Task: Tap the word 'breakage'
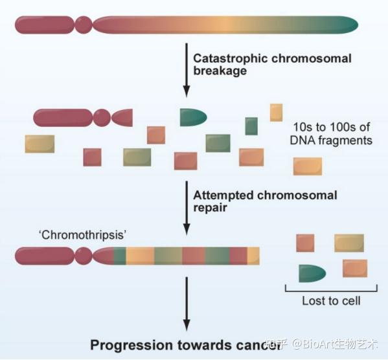220,71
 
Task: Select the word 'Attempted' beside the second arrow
223,196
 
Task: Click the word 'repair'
210,207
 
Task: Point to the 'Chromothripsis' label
82,234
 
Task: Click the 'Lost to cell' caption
331,301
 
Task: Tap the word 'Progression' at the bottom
131,345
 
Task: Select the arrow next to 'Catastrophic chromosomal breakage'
187,70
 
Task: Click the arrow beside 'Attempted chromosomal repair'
187,208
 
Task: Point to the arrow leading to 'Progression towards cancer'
187,304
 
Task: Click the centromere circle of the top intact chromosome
84,25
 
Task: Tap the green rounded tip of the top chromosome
348,25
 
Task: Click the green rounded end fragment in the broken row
193,118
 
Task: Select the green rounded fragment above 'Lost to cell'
312,273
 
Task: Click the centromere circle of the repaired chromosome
84,256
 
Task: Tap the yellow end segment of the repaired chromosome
253,256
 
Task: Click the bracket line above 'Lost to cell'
331,291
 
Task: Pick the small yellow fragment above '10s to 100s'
276,113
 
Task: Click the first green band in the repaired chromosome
120,256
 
